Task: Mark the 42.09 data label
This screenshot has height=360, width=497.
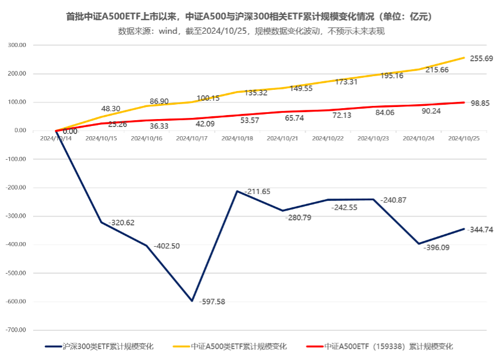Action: pyautogui.click(x=205, y=124)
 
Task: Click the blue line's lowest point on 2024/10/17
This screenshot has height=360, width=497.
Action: pyautogui.click(x=192, y=300)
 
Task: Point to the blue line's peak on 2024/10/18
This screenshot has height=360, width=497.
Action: pyautogui.click(x=237, y=191)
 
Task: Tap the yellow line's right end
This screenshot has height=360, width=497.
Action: pyautogui.click(x=464, y=58)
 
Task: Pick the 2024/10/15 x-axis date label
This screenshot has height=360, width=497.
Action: pyautogui.click(x=101, y=138)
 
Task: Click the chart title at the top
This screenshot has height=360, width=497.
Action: pyautogui.click(x=249, y=18)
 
